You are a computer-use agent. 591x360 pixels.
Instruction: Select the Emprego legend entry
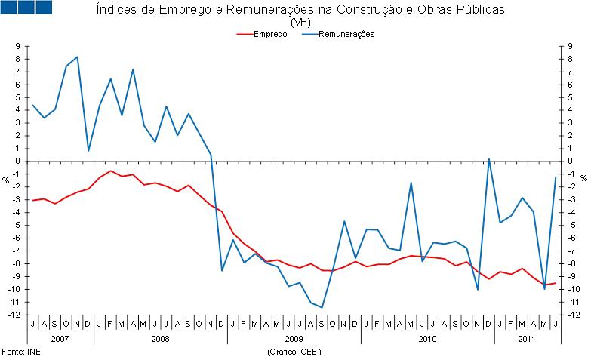coord(269,34)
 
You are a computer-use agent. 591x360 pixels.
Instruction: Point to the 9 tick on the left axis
coord(17,46)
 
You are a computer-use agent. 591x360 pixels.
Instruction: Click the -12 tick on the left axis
coord(14,314)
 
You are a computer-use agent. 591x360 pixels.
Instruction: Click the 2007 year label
coord(60,339)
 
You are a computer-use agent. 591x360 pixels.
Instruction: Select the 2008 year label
coord(160,339)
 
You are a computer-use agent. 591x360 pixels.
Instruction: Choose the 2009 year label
coord(294,339)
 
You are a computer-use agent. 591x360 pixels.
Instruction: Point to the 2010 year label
coord(427,339)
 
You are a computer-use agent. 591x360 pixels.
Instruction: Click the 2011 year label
coord(527,339)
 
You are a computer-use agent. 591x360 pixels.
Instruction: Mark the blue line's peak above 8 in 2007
coord(77,57)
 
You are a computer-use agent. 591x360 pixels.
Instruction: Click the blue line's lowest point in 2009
coord(322,307)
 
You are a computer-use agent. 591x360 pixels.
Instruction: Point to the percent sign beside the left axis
coord(5,180)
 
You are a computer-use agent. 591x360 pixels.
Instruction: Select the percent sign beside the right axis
coord(583,180)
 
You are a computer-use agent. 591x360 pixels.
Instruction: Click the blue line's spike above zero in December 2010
coord(489,159)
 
